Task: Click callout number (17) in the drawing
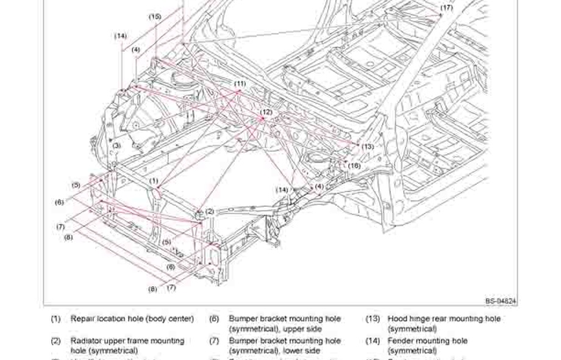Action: tap(447, 8)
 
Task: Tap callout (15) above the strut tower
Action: tap(155, 16)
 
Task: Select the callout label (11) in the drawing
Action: tap(240, 83)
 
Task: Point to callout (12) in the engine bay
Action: tap(266, 112)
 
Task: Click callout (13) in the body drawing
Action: tap(367, 146)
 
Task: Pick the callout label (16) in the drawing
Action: tap(354, 165)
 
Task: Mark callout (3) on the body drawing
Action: tap(116, 145)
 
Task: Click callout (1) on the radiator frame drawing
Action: tap(154, 181)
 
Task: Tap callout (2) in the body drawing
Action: tap(210, 212)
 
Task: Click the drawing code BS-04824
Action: tap(501, 301)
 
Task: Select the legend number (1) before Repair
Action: tap(55, 319)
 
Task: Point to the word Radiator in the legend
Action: tap(87, 341)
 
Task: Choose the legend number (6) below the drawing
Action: tap(214, 319)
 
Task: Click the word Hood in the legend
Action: tap(398, 319)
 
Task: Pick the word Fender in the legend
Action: tap(401, 341)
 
